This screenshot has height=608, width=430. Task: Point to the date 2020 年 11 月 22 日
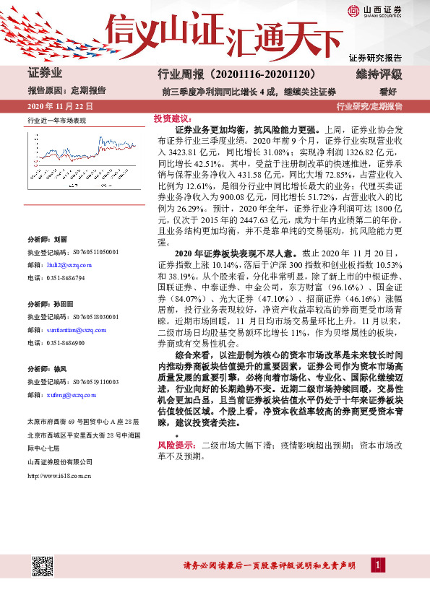click(59, 106)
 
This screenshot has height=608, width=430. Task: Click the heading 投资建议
click(171, 118)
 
